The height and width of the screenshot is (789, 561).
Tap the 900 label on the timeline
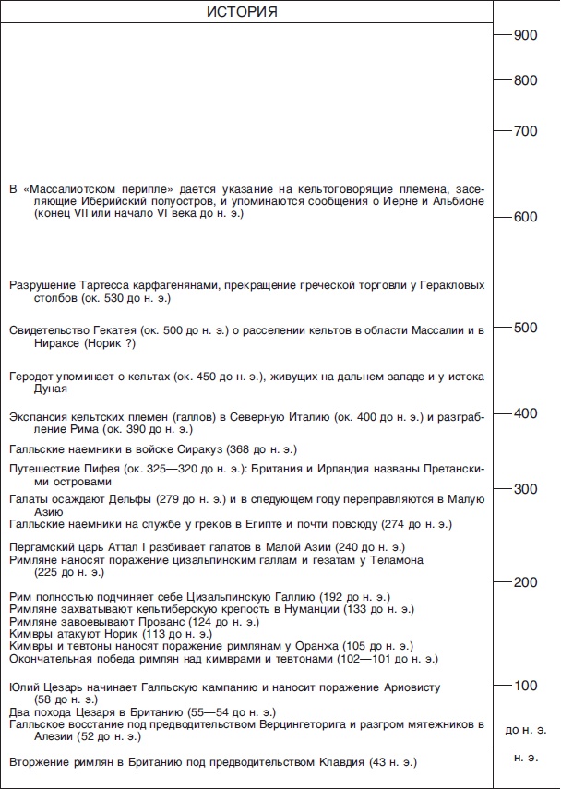point(525,35)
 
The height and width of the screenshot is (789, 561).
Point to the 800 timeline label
point(525,80)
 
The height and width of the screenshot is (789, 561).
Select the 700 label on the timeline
point(525,131)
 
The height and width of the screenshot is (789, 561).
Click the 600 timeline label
point(525,218)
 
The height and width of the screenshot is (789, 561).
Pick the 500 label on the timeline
point(525,328)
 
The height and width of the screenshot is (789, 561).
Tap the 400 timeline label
point(525,412)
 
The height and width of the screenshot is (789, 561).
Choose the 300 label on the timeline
point(525,488)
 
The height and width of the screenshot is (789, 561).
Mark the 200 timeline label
point(525,582)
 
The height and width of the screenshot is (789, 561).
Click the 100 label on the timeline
point(525,686)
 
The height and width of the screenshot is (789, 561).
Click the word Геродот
point(34,377)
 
